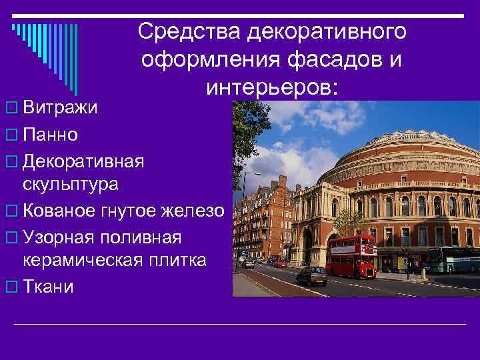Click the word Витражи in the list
click(60, 108)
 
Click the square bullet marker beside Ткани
click(9, 287)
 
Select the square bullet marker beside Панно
click(9, 135)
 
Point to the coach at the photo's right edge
click(454, 259)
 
